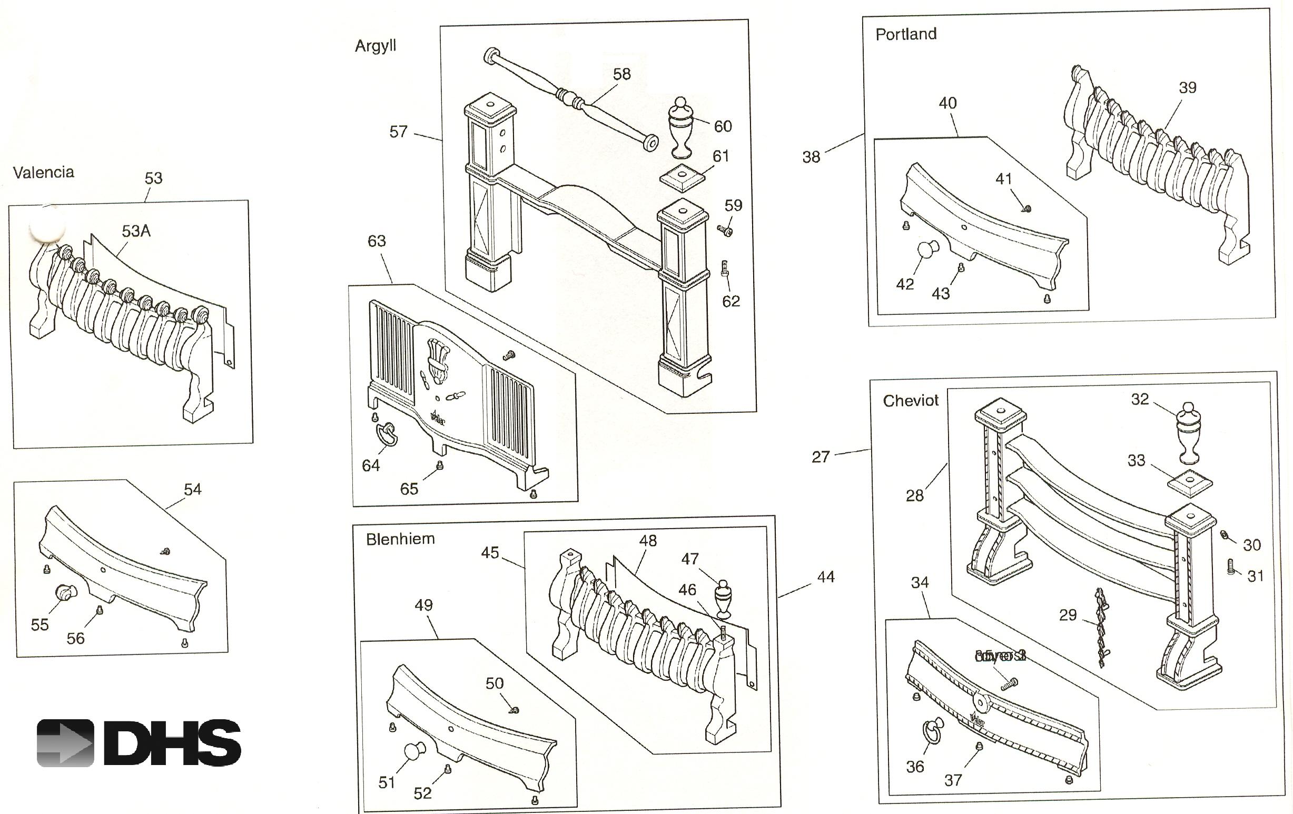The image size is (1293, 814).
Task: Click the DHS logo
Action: pos(139,742)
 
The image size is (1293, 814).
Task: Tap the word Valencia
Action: pos(44,172)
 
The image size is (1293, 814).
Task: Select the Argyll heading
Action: pos(376,46)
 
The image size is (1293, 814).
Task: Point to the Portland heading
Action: pos(906,34)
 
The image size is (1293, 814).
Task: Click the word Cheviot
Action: pos(911,401)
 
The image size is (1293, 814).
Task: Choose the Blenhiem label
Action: pos(400,539)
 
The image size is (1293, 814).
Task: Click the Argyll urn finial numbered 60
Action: pos(680,126)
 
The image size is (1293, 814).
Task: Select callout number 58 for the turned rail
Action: pos(622,74)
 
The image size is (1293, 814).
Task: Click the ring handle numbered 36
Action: pos(932,731)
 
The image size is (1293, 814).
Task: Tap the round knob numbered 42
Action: pos(927,250)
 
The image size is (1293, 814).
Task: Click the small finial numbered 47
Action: pos(723,598)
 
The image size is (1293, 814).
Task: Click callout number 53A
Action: pos(136,231)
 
